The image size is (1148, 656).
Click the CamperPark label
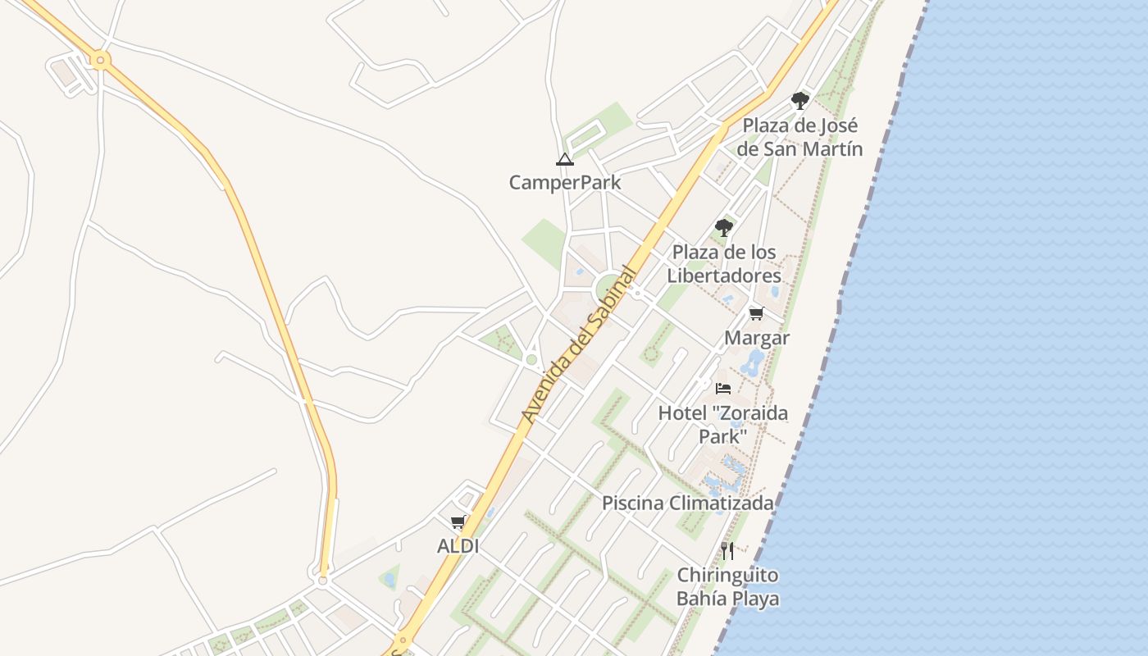[x=565, y=182]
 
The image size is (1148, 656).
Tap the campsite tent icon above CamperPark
[x=564, y=159]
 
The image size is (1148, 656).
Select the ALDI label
[x=458, y=545]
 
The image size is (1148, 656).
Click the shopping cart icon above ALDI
[x=458, y=522]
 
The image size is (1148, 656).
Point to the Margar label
[x=757, y=338]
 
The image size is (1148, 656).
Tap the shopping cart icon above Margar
[x=756, y=314]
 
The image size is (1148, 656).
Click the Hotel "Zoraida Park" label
[x=722, y=424]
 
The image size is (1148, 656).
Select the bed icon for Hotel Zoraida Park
[x=722, y=388]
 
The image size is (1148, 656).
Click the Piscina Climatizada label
[x=688, y=503]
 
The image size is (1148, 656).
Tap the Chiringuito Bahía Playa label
[x=727, y=586]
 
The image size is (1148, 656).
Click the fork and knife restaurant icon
[x=727, y=550]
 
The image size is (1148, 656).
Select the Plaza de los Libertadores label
[x=724, y=263]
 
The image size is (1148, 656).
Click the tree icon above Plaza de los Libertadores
[x=723, y=227]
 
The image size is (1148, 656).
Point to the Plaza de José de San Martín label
[x=799, y=137]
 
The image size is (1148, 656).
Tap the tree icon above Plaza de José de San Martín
[x=799, y=101]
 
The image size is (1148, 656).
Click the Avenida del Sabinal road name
[x=581, y=344]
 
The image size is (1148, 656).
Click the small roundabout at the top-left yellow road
[x=101, y=59]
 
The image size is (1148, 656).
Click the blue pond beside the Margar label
[x=752, y=361]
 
